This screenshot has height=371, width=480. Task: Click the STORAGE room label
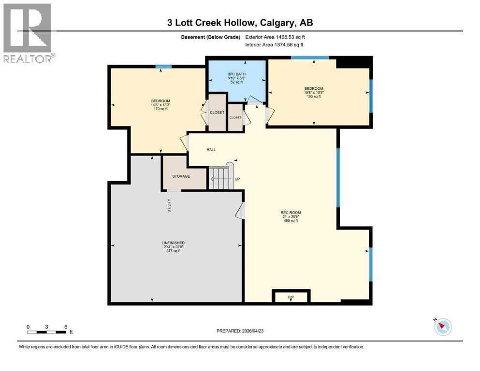[181, 176]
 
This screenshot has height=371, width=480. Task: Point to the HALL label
[211, 150]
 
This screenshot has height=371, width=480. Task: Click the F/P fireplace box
[291, 297]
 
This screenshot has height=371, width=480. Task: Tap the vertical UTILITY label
[169, 206]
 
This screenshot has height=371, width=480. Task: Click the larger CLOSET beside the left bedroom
[217, 113]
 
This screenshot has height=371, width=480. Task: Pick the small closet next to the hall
[235, 117]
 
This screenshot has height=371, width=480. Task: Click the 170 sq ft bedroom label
[160, 105]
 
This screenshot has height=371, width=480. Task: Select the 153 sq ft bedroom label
[314, 92]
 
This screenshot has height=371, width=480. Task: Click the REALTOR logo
[29, 33]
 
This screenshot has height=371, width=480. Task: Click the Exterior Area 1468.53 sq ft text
[275, 37]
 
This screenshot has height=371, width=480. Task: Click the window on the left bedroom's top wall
[163, 67]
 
